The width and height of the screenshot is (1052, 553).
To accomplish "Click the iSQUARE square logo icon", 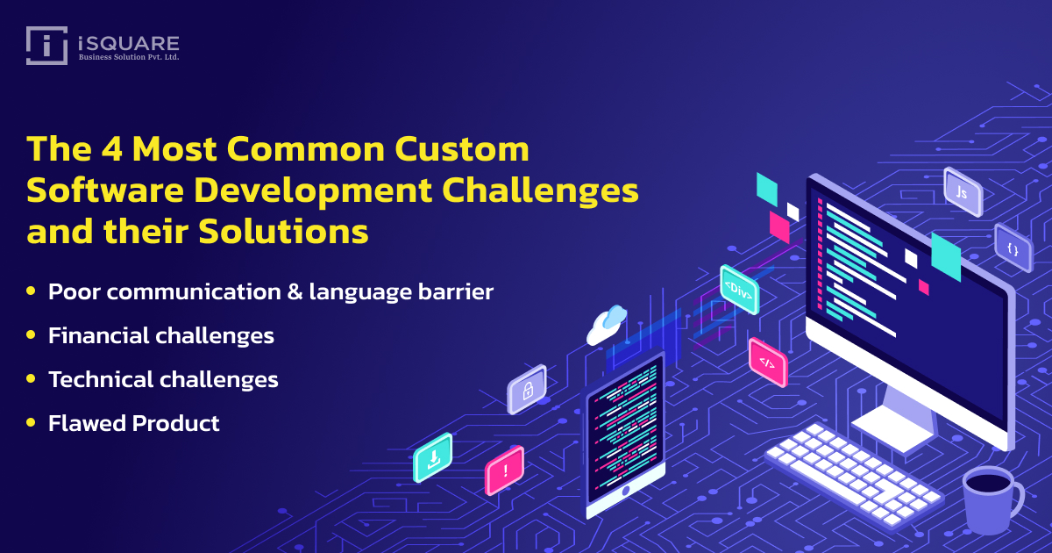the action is (x=46, y=45).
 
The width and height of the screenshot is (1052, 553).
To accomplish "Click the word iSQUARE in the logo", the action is (x=129, y=44).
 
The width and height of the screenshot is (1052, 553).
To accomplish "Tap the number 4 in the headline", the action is (x=111, y=148).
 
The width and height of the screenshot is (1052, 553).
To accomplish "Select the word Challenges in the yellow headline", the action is (x=540, y=191).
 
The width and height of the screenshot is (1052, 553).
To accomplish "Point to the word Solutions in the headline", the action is (x=283, y=232).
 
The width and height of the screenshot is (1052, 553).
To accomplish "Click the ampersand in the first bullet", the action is (x=295, y=291).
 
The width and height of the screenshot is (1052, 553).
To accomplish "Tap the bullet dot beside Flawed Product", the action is (x=31, y=422).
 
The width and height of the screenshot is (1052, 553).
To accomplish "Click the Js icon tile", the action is (x=963, y=192).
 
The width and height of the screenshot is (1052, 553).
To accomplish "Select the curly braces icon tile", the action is (x=1013, y=248).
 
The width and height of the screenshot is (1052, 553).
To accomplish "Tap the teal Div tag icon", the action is (x=739, y=290).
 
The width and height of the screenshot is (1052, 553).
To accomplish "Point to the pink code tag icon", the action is (x=767, y=363).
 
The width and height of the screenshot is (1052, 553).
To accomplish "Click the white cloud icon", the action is (x=607, y=325).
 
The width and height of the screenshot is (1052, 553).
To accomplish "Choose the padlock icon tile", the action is (x=527, y=390).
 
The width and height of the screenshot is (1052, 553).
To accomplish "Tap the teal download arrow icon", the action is (x=432, y=457).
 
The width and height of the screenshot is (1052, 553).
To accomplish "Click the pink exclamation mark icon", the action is (x=504, y=470).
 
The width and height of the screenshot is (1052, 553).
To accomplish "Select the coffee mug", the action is (x=992, y=500).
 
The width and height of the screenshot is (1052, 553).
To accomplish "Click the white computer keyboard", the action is (x=854, y=475).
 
